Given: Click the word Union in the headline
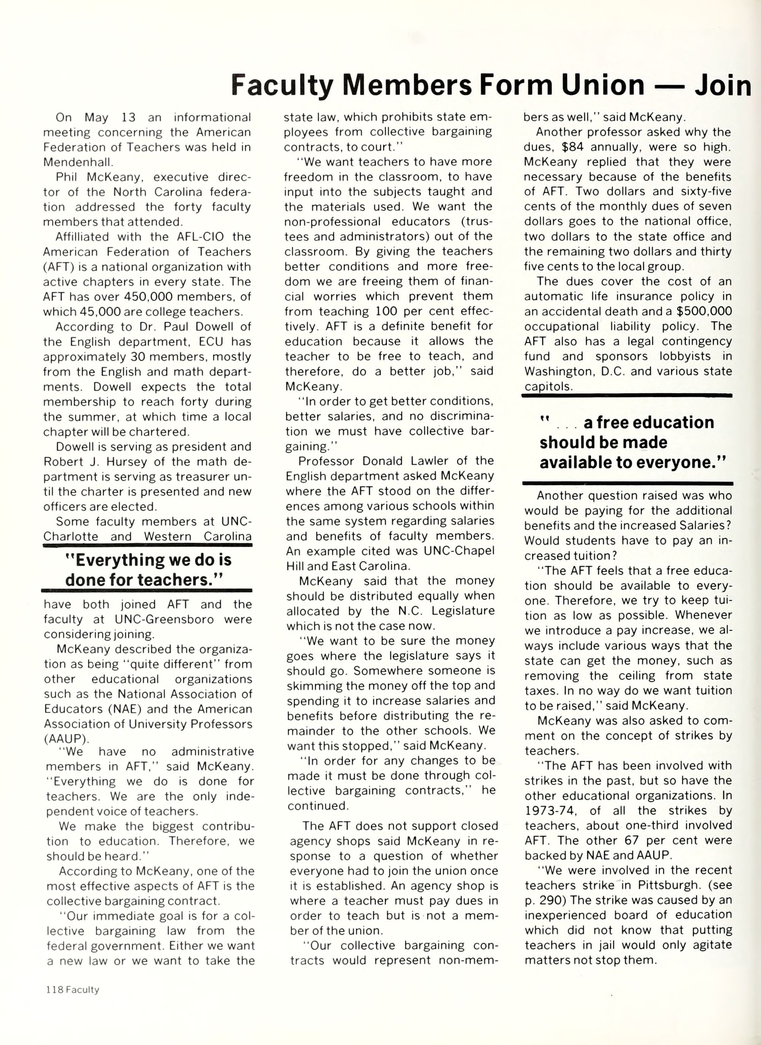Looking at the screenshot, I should point(600,85).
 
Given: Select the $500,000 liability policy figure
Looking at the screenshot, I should point(705,311).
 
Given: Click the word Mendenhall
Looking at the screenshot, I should point(78,162).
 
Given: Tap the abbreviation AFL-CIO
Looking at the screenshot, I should point(200,237).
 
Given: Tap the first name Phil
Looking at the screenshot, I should point(66,177).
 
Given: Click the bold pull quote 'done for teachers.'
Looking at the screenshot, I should point(144,579).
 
